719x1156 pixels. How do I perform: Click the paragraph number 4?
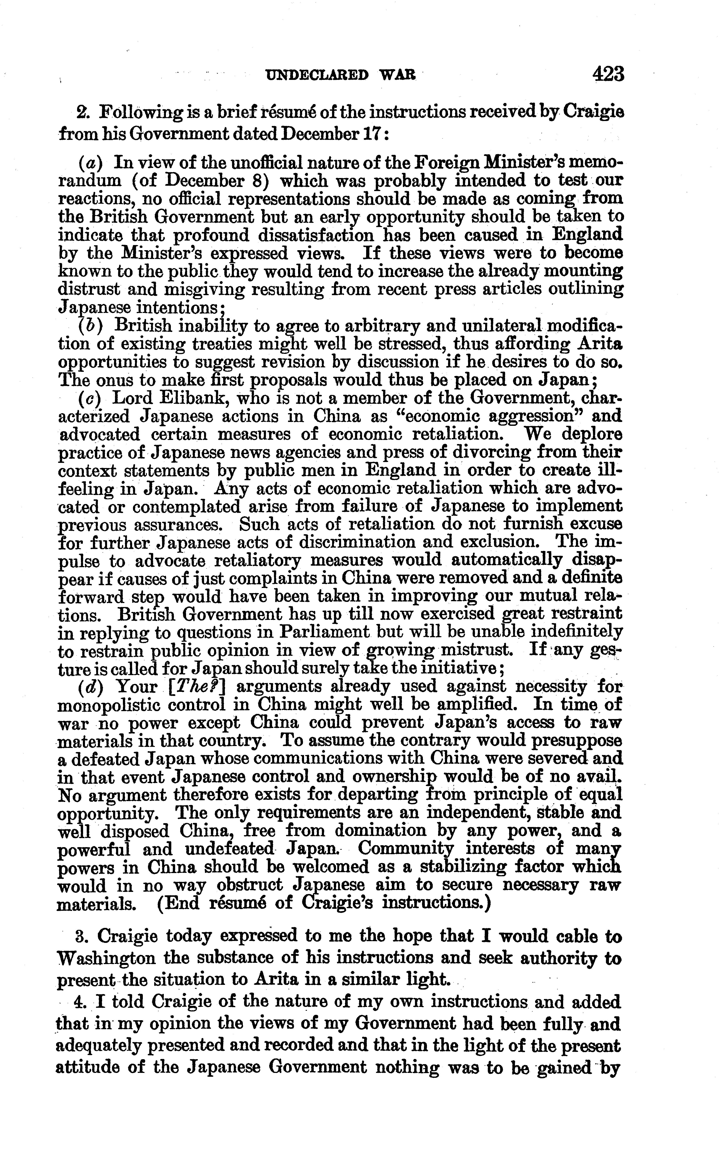pos(79,1002)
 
